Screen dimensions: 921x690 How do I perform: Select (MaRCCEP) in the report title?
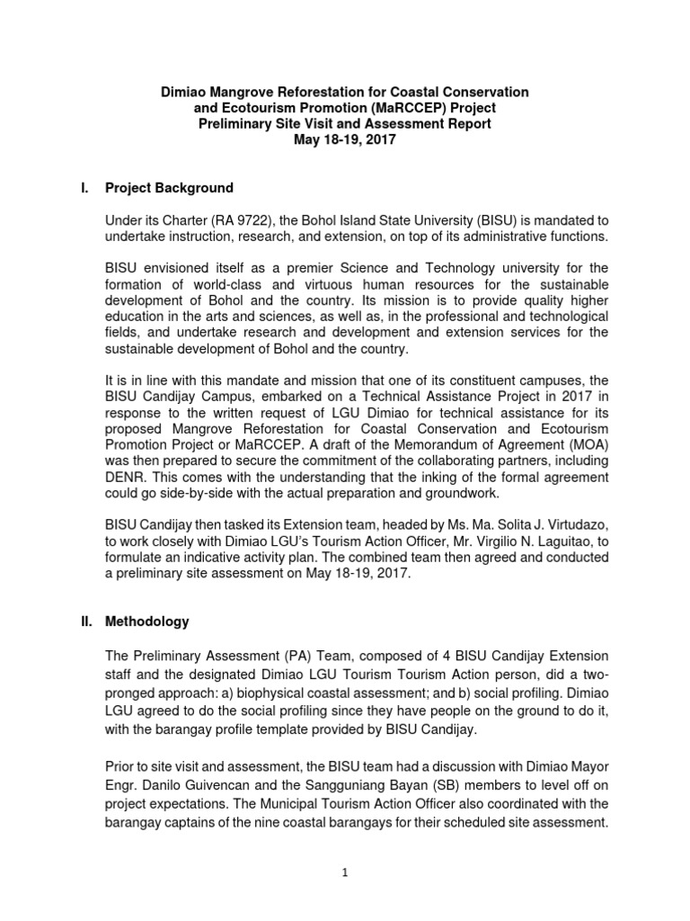(394, 108)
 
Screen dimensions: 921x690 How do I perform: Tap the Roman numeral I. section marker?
(84, 188)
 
